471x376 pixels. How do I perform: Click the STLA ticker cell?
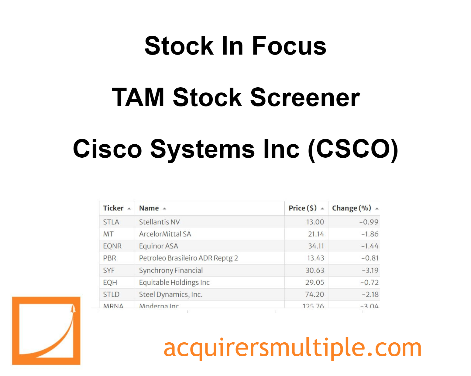coord(111,222)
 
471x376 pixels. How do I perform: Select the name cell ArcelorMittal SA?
coord(165,234)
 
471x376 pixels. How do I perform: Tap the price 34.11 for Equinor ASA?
coord(316,246)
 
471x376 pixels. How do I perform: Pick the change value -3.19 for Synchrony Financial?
coord(370,270)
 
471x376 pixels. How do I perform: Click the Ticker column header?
coord(113,208)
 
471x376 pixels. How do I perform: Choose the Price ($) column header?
coord(303,208)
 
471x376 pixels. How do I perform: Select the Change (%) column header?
coord(352,208)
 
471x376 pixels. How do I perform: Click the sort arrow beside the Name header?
coord(164,209)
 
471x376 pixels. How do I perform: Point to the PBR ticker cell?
coord(110,258)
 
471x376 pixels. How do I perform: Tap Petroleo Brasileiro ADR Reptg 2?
coord(188,258)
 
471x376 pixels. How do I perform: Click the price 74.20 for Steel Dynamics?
coord(315,294)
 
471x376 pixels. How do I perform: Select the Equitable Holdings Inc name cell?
coord(174,282)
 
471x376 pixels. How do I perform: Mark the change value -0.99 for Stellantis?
coord(369,222)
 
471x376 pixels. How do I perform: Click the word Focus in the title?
coord(289,46)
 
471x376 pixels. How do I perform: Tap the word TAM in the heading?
coord(138,97)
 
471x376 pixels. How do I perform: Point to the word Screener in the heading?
coord(305,97)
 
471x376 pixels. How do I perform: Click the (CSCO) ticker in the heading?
coord(353,149)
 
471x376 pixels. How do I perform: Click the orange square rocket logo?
coord(46,331)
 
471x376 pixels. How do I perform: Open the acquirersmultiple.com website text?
coord(292,348)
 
